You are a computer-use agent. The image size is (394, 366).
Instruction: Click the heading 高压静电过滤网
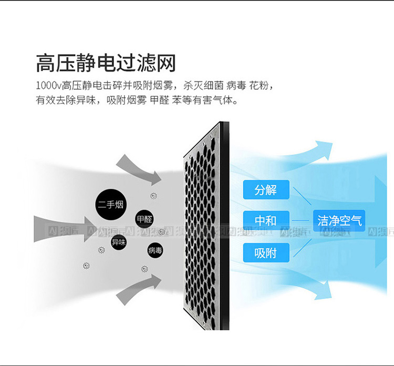(106, 63)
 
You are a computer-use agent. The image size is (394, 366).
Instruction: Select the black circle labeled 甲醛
(144, 219)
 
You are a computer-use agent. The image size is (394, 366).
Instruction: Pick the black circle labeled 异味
(119, 242)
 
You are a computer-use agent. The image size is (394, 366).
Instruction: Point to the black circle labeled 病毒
(155, 250)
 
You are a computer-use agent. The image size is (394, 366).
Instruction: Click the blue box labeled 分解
(266, 190)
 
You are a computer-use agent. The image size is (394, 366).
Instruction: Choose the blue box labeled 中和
(266, 220)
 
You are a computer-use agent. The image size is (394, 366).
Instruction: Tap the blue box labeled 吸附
(266, 253)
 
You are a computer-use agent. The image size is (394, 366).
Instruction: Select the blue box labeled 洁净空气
(339, 220)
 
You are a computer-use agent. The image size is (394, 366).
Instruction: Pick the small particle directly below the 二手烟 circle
(101, 249)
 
